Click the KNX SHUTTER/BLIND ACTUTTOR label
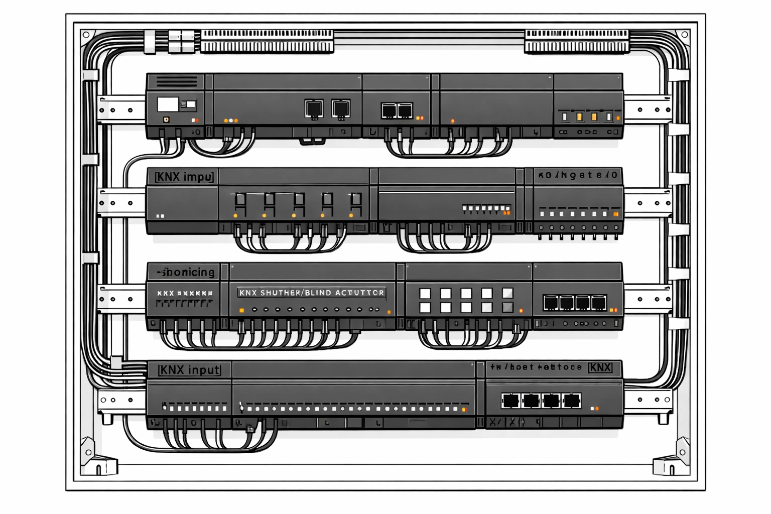pos(311,293)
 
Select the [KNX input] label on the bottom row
pos(189,370)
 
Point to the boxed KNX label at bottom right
pos(600,367)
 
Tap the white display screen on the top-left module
pos(168,104)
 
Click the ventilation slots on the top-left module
pos(177,81)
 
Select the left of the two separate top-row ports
pos(314,108)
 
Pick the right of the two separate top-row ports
pos(341,108)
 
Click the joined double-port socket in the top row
pos(397,110)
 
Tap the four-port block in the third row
pos(575,303)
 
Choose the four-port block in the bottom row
pos(541,401)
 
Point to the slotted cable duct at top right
pos(576,42)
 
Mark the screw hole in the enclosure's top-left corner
pos(86,35)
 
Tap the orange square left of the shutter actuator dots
pos(242,311)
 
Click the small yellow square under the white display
pos(166,120)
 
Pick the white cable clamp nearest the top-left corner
pos(150,42)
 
